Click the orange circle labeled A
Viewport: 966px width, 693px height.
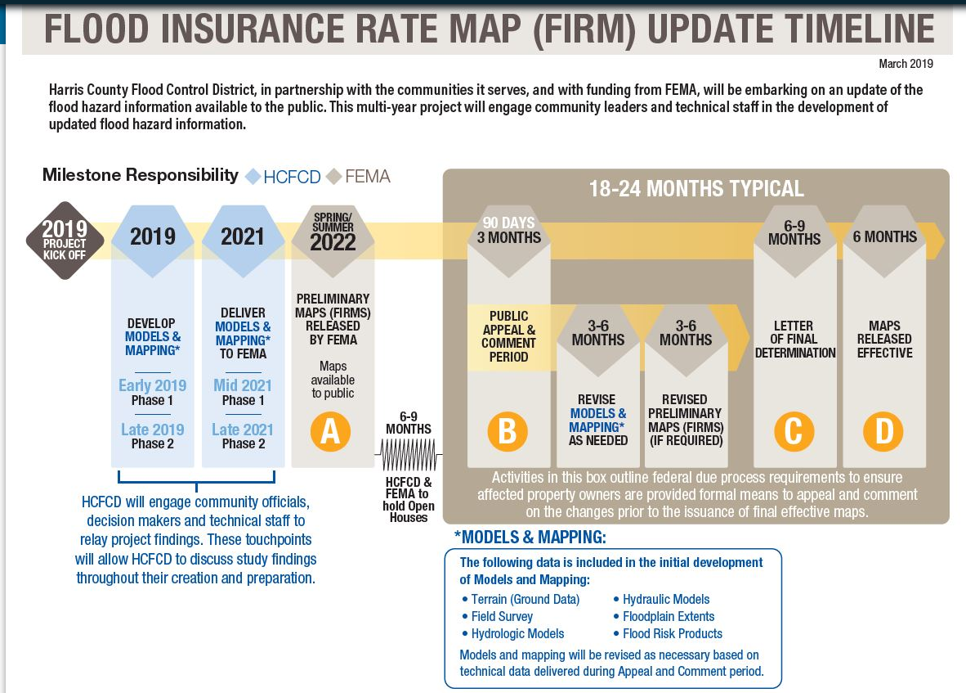[330, 431]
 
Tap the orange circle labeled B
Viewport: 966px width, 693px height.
[507, 431]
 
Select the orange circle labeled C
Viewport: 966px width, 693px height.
[794, 431]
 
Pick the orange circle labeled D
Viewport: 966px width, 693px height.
[883, 431]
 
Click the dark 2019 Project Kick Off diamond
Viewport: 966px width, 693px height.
[65, 241]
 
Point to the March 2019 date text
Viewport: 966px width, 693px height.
[906, 64]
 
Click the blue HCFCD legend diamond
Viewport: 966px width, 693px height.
[253, 177]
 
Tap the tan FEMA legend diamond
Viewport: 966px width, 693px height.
[334, 177]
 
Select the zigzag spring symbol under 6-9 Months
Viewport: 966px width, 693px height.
[409, 454]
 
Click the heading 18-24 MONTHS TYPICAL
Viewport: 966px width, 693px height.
[696, 189]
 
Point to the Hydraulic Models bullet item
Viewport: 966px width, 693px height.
[661, 599]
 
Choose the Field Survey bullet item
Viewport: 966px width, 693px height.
[497, 617]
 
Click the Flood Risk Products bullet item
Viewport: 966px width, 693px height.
[667, 634]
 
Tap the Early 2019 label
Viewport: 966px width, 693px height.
[152, 385]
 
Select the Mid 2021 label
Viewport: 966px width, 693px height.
[243, 385]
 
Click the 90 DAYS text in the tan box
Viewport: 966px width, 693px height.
[509, 223]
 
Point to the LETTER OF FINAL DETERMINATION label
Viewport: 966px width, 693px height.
[794, 339]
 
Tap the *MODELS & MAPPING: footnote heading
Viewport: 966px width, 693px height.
[530, 537]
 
